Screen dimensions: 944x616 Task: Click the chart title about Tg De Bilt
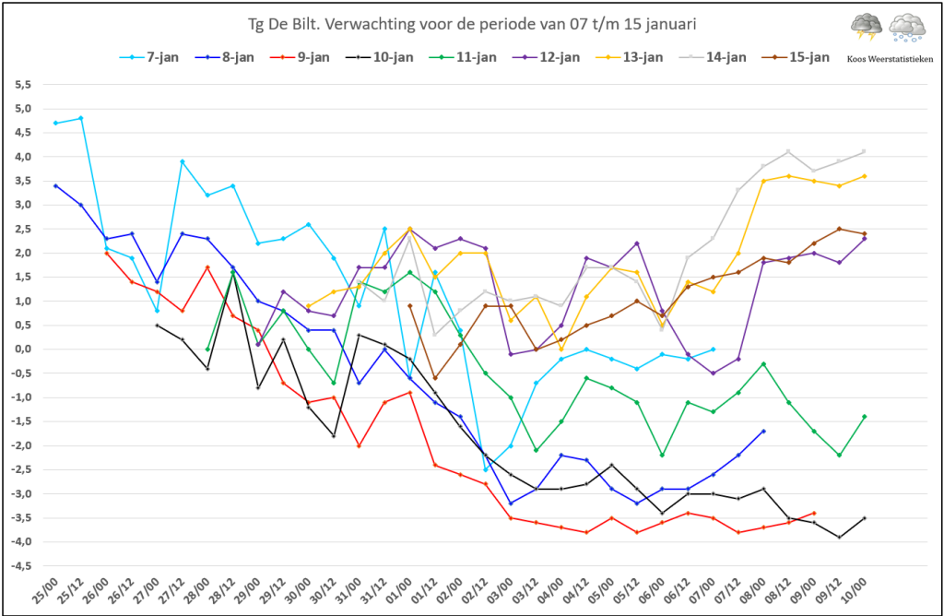tap(472, 24)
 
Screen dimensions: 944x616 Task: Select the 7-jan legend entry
tap(149, 57)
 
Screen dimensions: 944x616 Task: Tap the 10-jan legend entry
tap(380, 57)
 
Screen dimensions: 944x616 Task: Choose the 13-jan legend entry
tap(630, 57)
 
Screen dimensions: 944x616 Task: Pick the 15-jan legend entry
tap(796, 57)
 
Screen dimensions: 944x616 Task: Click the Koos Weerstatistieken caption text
tap(890, 59)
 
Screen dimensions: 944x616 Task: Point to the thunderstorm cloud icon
tap(867, 28)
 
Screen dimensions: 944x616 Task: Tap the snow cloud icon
tap(908, 28)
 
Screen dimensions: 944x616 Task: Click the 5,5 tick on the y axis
tap(23, 85)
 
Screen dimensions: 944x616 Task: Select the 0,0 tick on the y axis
tap(23, 349)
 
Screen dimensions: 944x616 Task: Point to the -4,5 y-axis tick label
tap(21, 566)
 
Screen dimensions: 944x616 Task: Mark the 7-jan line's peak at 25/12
tap(81, 118)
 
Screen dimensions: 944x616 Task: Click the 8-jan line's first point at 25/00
tap(55, 186)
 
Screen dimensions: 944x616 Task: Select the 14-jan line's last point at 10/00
tap(865, 151)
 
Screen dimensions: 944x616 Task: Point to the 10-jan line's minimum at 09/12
tap(839, 537)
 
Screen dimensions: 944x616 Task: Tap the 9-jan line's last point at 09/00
tap(814, 513)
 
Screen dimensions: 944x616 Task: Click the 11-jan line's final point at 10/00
tap(865, 417)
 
